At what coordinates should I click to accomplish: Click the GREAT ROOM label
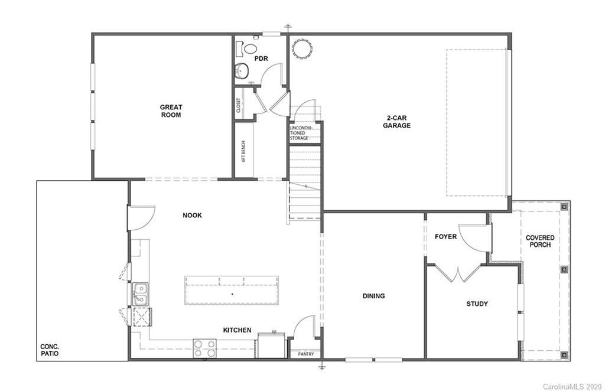(x=171, y=111)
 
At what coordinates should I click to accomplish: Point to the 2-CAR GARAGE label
(x=396, y=121)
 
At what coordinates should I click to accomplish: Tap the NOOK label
(x=192, y=216)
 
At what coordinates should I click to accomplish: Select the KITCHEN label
(x=237, y=330)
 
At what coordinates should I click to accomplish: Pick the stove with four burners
(x=205, y=348)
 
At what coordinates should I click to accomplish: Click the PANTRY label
(x=306, y=354)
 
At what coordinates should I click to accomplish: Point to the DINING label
(x=373, y=296)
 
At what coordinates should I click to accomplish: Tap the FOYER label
(x=445, y=237)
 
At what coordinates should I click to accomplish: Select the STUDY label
(x=477, y=304)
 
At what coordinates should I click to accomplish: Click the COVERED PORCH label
(x=540, y=241)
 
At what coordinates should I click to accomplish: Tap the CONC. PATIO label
(x=50, y=350)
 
